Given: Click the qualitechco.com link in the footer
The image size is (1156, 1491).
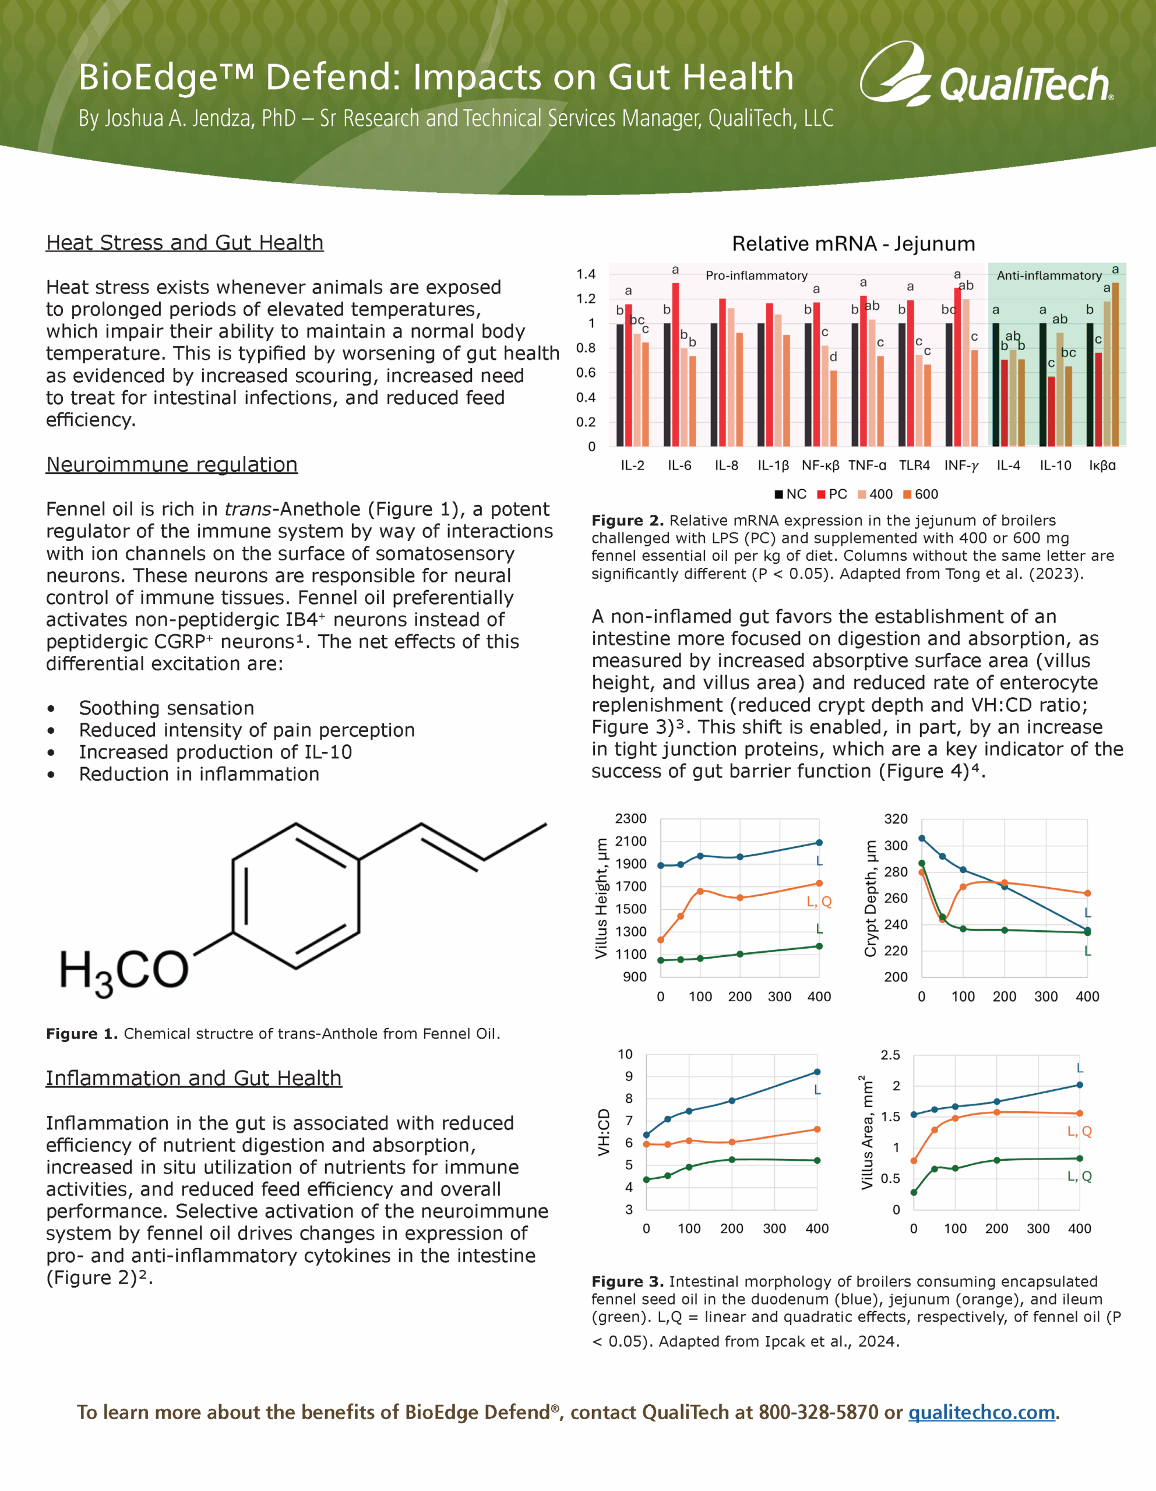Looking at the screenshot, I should tap(981, 1412).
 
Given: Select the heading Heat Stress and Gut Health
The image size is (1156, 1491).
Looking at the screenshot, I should tap(184, 243).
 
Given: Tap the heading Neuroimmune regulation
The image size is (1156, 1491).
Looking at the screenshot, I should tap(171, 465).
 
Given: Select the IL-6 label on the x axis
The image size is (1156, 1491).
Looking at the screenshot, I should tap(679, 465).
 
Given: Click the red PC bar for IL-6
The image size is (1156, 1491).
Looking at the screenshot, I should tap(675, 365).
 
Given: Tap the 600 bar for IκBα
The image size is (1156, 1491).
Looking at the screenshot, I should tap(1115, 365).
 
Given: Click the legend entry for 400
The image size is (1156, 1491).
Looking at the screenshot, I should tap(875, 494).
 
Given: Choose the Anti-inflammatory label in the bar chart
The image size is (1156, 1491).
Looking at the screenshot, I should tap(1049, 276).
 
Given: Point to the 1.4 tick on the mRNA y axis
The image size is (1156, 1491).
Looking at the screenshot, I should tap(586, 274).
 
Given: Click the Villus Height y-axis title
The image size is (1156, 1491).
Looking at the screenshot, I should tap(601, 898).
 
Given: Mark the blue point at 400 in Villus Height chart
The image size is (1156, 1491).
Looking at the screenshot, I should tap(819, 842).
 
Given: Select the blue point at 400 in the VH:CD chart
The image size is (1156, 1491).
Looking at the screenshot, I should tap(817, 1072).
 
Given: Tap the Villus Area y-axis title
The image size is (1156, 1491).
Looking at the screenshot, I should tap(867, 1133).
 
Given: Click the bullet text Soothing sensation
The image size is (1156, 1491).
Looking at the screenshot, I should tap(167, 708).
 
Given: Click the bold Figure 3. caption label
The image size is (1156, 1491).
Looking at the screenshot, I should tap(627, 1281).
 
